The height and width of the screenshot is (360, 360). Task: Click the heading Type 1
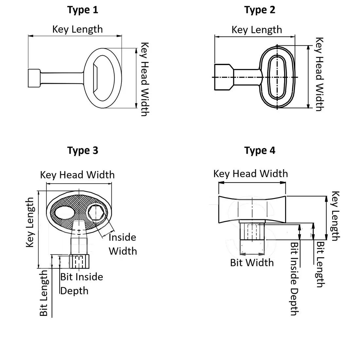click(83, 10)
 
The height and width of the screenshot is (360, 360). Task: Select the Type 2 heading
click(260, 10)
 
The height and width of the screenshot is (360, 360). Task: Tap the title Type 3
click(83, 151)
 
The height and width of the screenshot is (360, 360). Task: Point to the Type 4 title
click(260, 151)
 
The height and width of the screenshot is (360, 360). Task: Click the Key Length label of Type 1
click(78, 29)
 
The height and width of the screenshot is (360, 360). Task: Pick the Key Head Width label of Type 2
click(319, 74)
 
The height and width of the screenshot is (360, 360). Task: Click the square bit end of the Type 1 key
click(34, 78)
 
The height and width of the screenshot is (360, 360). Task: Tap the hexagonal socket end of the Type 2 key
click(223, 77)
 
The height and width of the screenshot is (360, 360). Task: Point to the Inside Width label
click(122, 244)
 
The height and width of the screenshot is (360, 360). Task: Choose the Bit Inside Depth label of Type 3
click(81, 284)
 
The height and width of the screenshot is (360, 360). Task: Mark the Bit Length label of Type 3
click(44, 293)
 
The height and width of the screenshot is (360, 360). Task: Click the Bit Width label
click(252, 262)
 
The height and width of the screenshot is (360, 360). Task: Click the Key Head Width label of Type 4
click(250, 173)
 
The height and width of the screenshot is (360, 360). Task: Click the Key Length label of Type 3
click(30, 223)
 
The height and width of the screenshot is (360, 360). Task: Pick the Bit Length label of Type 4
click(320, 264)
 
